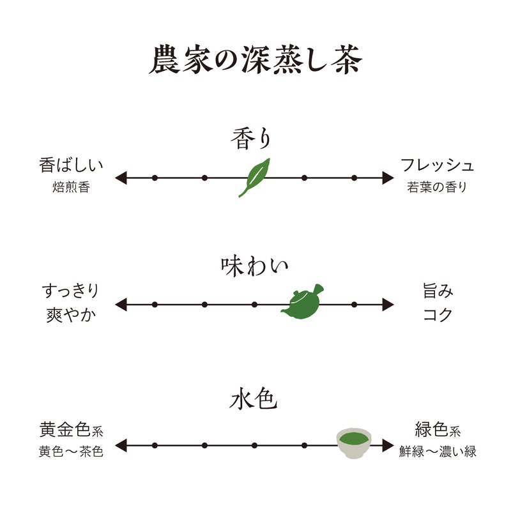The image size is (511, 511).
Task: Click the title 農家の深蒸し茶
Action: (256, 60)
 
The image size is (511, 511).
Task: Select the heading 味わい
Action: (255, 265)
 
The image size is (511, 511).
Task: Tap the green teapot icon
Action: (301, 303)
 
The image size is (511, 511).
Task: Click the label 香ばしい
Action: (71, 165)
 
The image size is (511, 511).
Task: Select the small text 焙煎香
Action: (71, 188)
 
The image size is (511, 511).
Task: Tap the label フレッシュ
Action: (438, 165)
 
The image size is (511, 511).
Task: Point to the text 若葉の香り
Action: (438, 188)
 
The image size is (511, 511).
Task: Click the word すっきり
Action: (71, 292)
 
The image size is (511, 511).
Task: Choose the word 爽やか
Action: (71, 315)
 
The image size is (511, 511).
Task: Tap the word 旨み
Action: (438, 292)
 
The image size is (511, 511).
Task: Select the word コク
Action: (438, 315)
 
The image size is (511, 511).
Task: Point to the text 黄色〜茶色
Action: (71, 452)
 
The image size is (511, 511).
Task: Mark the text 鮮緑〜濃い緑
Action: (438, 452)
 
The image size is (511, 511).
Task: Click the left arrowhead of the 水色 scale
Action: (119, 445)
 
